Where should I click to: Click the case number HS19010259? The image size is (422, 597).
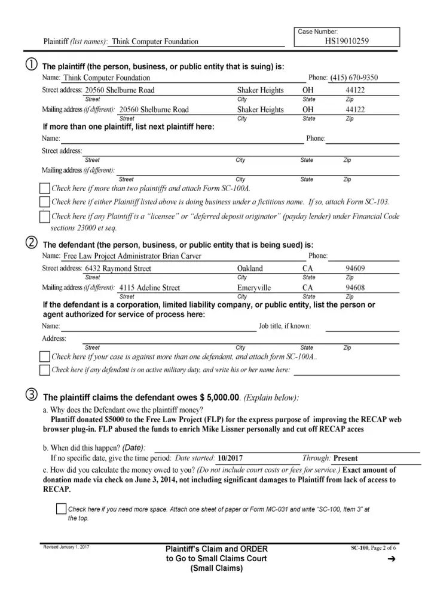347,42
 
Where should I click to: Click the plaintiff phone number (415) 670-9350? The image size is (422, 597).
354,78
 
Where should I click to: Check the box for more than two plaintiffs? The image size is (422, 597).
44,189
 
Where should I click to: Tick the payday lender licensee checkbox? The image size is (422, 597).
44,217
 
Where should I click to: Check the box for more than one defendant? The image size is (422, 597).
44,357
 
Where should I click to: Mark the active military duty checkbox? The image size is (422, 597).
44,370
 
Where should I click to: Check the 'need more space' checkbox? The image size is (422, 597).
60,509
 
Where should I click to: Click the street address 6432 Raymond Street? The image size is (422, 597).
118,269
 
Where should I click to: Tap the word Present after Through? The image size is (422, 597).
345,458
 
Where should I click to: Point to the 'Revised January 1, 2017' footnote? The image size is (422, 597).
66,547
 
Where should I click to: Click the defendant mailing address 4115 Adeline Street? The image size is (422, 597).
149,288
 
